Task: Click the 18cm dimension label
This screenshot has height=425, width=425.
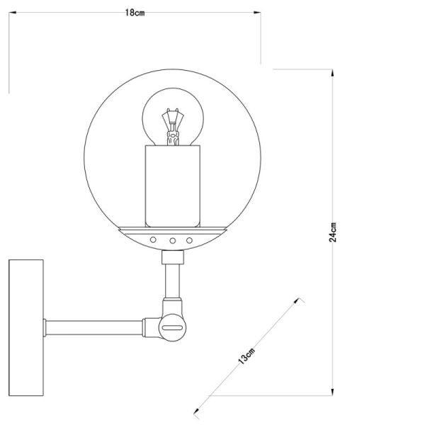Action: (x=135, y=13)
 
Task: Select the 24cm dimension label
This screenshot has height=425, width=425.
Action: (x=333, y=232)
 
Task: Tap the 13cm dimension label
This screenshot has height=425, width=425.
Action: (x=246, y=356)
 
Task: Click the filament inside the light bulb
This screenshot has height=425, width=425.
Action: (x=173, y=127)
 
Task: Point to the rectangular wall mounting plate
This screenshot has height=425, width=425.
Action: (x=26, y=327)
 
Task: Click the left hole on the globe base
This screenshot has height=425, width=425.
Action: (x=153, y=239)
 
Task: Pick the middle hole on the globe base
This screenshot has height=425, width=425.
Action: (x=172, y=240)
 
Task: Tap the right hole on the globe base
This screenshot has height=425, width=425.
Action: (x=189, y=240)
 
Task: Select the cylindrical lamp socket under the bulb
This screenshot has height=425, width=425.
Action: (x=173, y=186)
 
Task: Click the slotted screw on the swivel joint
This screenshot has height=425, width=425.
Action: (x=172, y=327)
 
